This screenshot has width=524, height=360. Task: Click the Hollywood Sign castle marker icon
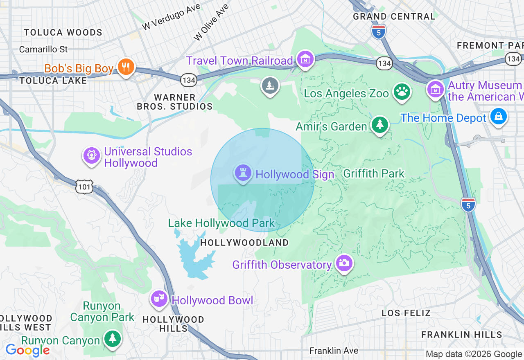click(x=243, y=173)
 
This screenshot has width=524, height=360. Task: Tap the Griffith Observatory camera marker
click(x=344, y=263)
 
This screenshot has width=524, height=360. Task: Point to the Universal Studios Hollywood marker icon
click(x=91, y=155)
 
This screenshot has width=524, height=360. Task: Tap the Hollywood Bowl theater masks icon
click(x=159, y=299)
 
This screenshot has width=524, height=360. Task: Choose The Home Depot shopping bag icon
click(x=498, y=117)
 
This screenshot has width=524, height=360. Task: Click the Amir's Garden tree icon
click(x=380, y=124)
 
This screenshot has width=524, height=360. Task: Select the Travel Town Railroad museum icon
click(x=305, y=59)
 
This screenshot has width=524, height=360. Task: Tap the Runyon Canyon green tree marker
click(x=112, y=338)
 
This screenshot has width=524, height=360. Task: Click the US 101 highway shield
click(x=84, y=187)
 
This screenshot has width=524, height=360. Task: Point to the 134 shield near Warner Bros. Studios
click(x=189, y=80)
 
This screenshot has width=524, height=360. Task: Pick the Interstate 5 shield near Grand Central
click(x=379, y=31)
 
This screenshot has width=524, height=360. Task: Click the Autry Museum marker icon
click(x=435, y=88)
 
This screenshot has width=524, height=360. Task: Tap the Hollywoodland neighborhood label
click(x=244, y=243)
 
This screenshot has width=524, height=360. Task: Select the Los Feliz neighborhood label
click(x=406, y=313)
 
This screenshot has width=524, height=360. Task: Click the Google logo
click(x=27, y=350)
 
